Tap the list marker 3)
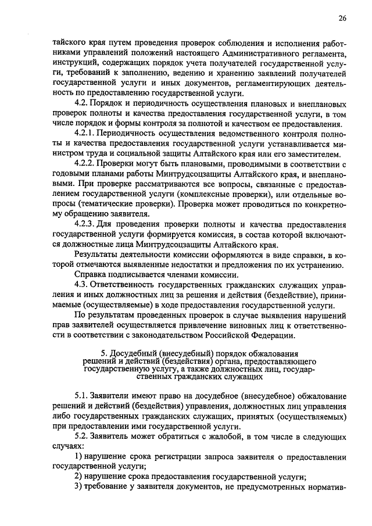[77, 486]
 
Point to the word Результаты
[96, 255]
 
